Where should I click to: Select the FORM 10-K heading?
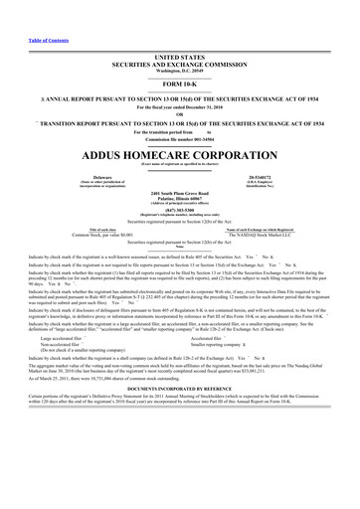pyautogui.click(x=179, y=85)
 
